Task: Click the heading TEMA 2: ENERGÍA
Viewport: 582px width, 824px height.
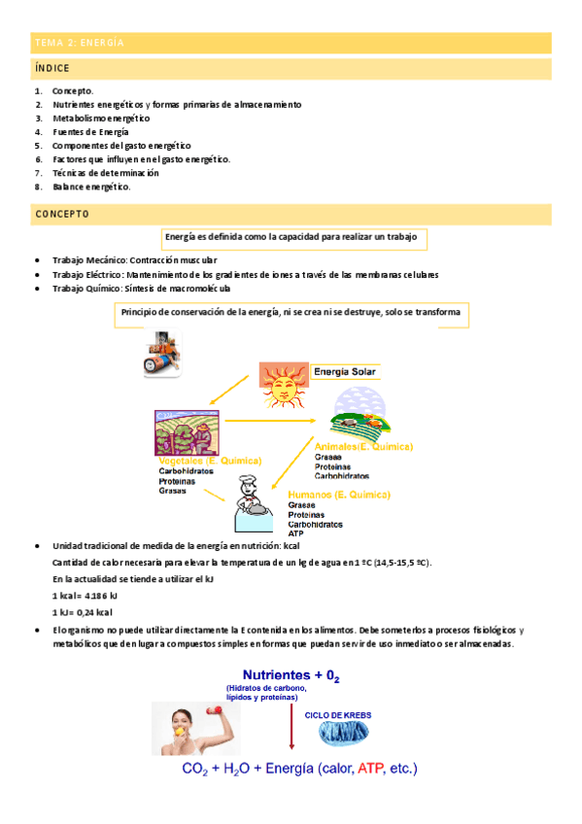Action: click(x=79, y=43)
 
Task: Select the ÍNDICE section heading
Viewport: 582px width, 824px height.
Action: click(x=52, y=70)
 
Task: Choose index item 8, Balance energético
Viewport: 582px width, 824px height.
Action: click(x=91, y=187)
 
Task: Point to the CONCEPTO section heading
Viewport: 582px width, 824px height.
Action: click(x=62, y=214)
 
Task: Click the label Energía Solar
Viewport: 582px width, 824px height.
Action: click(x=346, y=370)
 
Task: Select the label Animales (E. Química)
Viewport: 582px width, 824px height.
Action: click(x=363, y=446)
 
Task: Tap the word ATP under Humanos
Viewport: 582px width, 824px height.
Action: click(x=296, y=533)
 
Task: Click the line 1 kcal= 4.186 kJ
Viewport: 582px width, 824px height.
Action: click(x=86, y=595)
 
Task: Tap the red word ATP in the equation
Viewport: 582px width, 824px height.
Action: click(x=370, y=769)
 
